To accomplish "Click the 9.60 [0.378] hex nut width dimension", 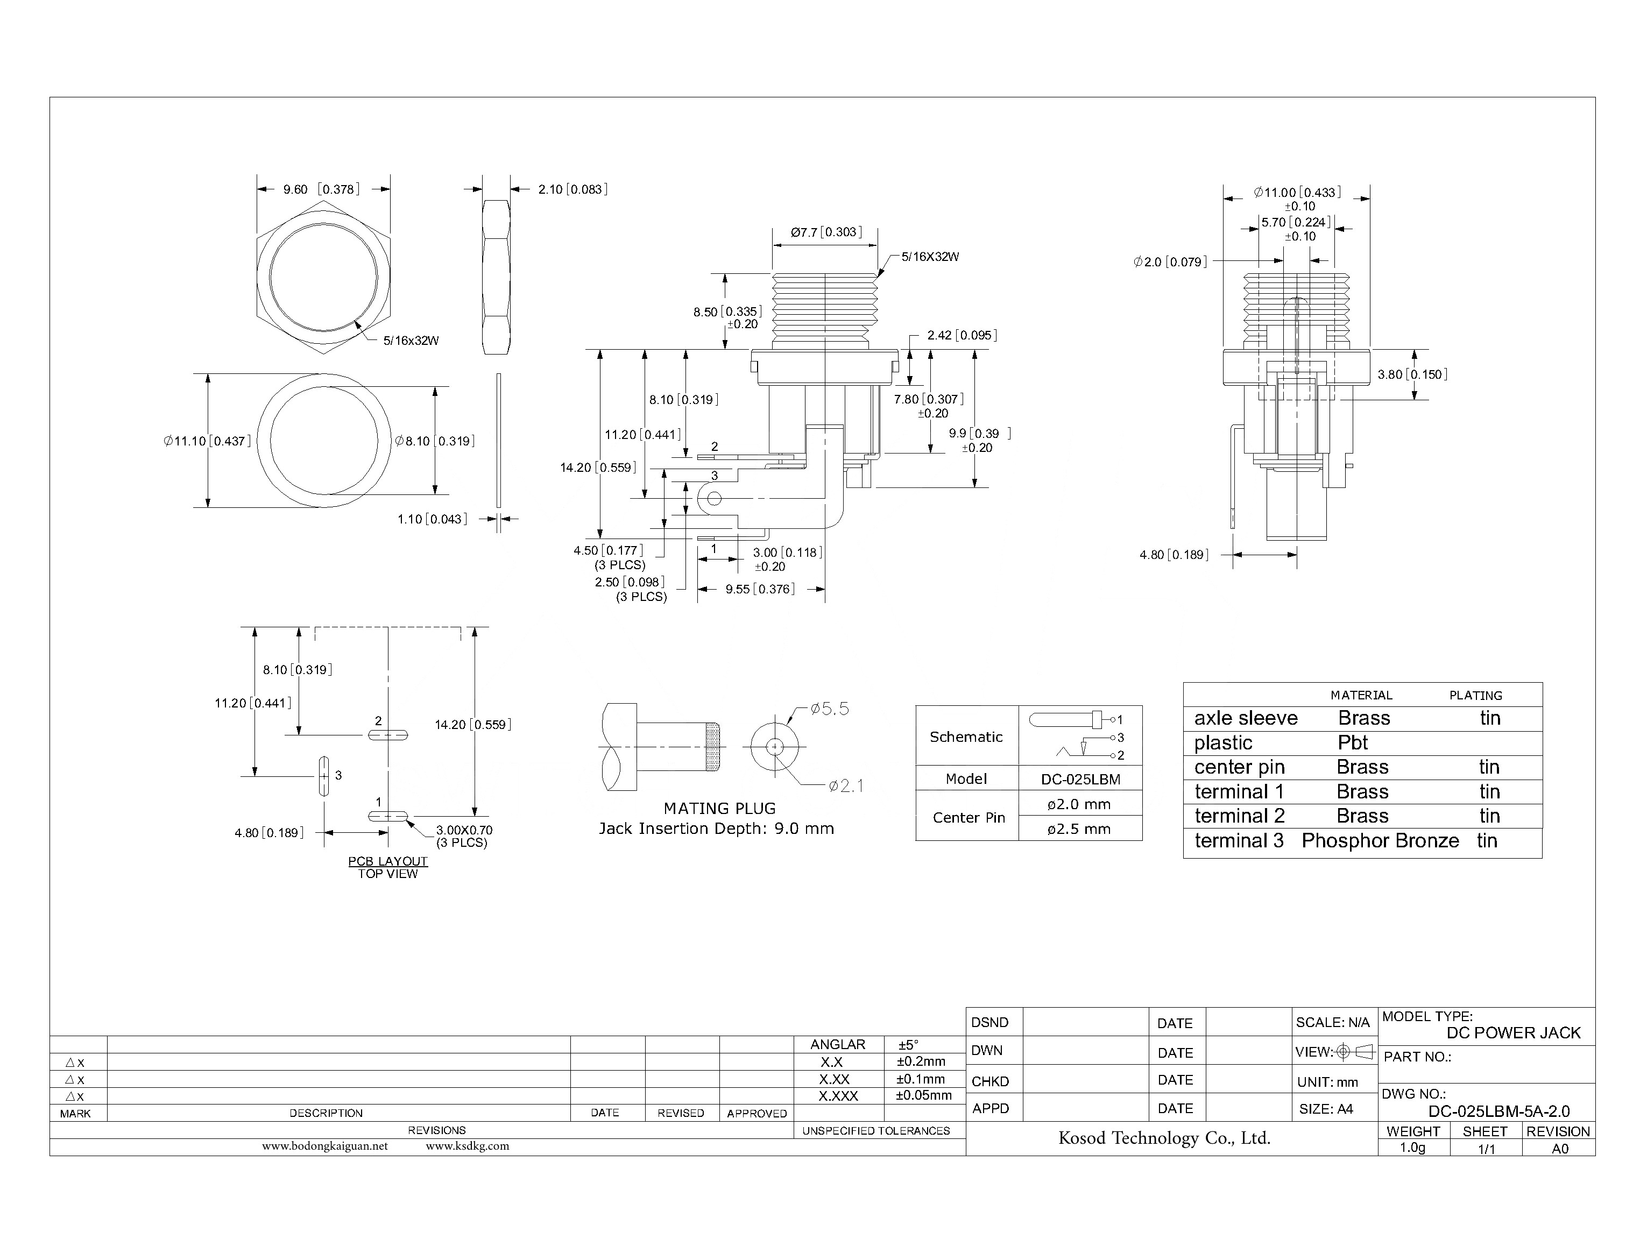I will pyautogui.click(x=321, y=189).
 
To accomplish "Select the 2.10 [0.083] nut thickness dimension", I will pyautogui.click(x=572, y=189).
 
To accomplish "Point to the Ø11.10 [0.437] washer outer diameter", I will pyautogui.click(x=207, y=441).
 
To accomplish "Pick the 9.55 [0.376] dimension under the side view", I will pyautogui.click(x=760, y=589).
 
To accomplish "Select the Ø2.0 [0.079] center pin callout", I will pyautogui.click(x=1170, y=262).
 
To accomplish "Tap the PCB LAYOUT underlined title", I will pyautogui.click(x=388, y=861).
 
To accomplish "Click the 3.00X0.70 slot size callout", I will pyautogui.click(x=464, y=830).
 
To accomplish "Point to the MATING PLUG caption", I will pyautogui.click(x=719, y=809).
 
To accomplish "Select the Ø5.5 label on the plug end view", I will pyautogui.click(x=829, y=709).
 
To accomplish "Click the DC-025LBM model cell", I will pyautogui.click(x=1080, y=780).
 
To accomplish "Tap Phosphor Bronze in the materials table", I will pyautogui.click(x=1380, y=841).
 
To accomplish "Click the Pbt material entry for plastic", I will pyautogui.click(x=1352, y=742).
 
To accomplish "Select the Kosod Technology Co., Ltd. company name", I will pyautogui.click(x=1164, y=1138).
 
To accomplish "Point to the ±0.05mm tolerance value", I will pyautogui.click(x=923, y=1095).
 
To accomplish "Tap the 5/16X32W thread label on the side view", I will pyautogui.click(x=929, y=257).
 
